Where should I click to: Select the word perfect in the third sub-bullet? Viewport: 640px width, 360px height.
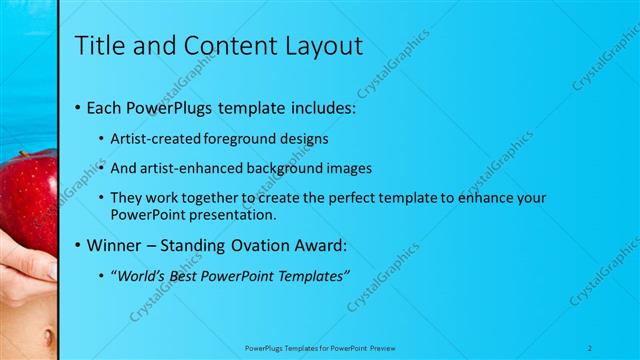click(345, 198)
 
